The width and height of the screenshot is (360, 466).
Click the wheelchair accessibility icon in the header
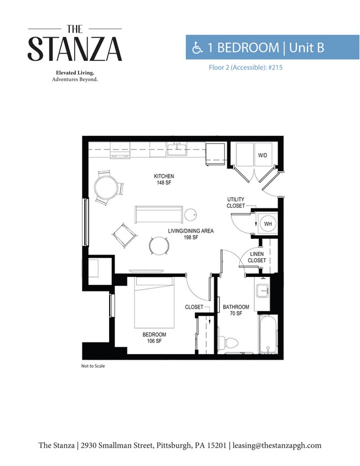197,48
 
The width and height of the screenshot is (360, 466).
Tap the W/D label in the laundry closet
263,155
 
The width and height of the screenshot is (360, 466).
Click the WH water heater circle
268,223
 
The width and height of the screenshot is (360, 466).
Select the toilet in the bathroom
228,342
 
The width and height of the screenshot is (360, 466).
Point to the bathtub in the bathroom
268,334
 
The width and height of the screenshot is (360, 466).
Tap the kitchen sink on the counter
177,149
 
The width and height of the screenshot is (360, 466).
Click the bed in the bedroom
154,302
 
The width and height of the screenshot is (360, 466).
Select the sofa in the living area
158,214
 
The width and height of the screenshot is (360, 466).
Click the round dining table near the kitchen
105,187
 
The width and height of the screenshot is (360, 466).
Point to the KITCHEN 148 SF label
164,180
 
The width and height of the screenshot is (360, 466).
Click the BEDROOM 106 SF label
154,337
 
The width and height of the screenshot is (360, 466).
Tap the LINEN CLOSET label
256,257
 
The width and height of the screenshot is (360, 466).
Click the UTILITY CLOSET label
236,203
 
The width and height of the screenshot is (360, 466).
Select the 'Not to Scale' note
93,366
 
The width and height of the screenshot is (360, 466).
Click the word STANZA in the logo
75,49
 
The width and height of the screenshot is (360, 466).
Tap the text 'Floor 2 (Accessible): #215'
246,68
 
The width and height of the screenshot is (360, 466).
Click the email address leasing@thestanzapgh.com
277,445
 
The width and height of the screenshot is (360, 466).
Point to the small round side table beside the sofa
190,214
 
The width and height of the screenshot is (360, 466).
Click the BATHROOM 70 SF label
236,310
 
